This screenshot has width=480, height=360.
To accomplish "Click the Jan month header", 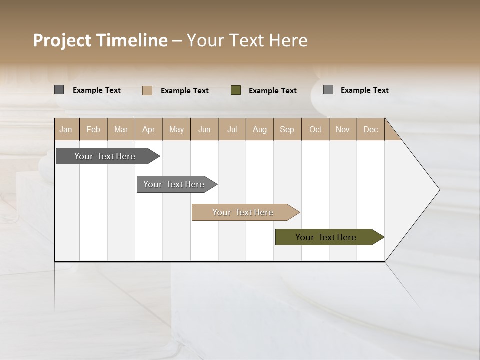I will (x=66, y=129).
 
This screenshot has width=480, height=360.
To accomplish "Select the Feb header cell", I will (x=93, y=129).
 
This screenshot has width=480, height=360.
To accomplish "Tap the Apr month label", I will (x=149, y=129).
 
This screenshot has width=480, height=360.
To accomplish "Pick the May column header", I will (x=176, y=129).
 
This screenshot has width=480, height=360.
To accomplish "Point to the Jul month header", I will (x=232, y=129).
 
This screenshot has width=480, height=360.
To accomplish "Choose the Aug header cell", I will (x=260, y=129).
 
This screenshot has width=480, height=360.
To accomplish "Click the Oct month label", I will (x=315, y=129).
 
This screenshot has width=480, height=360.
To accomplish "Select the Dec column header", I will (x=371, y=129).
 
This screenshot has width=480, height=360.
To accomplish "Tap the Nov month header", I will (x=343, y=129).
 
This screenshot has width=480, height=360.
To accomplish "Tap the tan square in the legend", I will (x=147, y=90).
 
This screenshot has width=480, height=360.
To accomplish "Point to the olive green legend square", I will (x=236, y=90).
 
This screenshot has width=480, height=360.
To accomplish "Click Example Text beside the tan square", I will (x=185, y=91).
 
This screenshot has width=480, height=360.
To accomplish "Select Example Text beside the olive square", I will (x=273, y=91).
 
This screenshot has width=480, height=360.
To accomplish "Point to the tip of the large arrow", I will (x=438, y=190).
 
